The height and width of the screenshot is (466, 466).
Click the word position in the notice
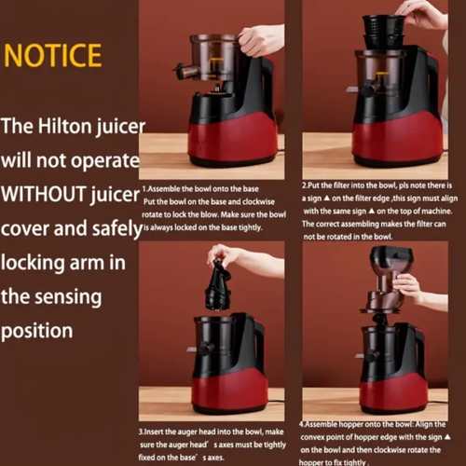pos(37,331)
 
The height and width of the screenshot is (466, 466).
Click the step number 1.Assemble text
pos(164,187)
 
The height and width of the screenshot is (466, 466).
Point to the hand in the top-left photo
pos(259,39)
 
